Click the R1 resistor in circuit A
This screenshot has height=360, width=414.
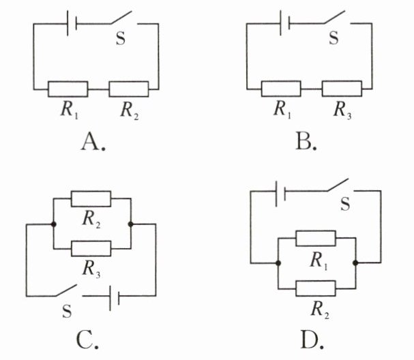tap(68, 89)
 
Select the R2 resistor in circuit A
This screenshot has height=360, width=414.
tap(129, 89)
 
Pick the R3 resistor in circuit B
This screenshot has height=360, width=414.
tap(342, 89)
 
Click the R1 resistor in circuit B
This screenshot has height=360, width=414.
tap(281, 89)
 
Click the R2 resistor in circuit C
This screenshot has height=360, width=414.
tap(91, 198)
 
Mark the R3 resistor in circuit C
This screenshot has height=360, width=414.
tap(91, 249)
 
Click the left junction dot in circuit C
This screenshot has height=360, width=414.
tap(53, 224)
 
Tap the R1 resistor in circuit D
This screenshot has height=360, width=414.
tap(316, 238)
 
